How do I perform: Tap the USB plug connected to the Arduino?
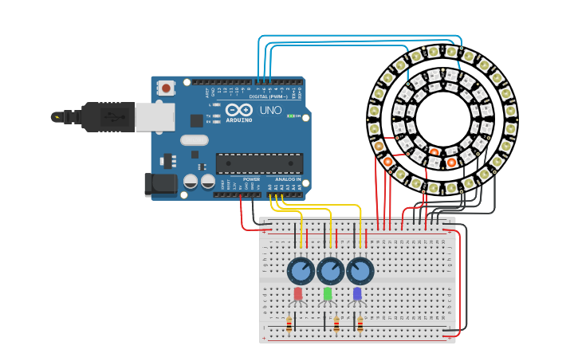pyautogui.click(x=112, y=116)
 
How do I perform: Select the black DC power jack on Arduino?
pyautogui.click(x=160, y=184)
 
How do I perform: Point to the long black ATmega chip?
pyautogui.click(x=259, y=163)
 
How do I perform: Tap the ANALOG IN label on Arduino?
pyautogui.click(x=288, y=179)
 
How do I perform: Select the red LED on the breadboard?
pyautogui.click(x=298, y=294)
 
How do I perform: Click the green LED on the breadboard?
pyautogui.click(x=328, y=294)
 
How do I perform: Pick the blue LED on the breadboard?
pyautogui.click(x=357, y=294)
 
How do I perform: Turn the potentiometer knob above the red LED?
pyautogui.click(x=301, y=271)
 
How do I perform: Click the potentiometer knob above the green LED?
pyautogui.click(x=330, y=271)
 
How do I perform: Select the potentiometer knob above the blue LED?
pyautogui.click(x=360, y=271)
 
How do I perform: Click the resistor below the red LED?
pyautogui.click(x=289, y=324)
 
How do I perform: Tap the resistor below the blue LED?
pyautogui.click(x=360, y=324)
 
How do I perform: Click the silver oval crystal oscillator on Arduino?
pyautogui.click(x=194, y=140)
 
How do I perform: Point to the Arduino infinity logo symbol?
pyautogui.click(x=239, y=111)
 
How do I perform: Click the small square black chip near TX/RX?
pyautogui.click(x=197, y=120)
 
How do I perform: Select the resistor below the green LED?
pyautogui.click(x=336, y=324)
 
